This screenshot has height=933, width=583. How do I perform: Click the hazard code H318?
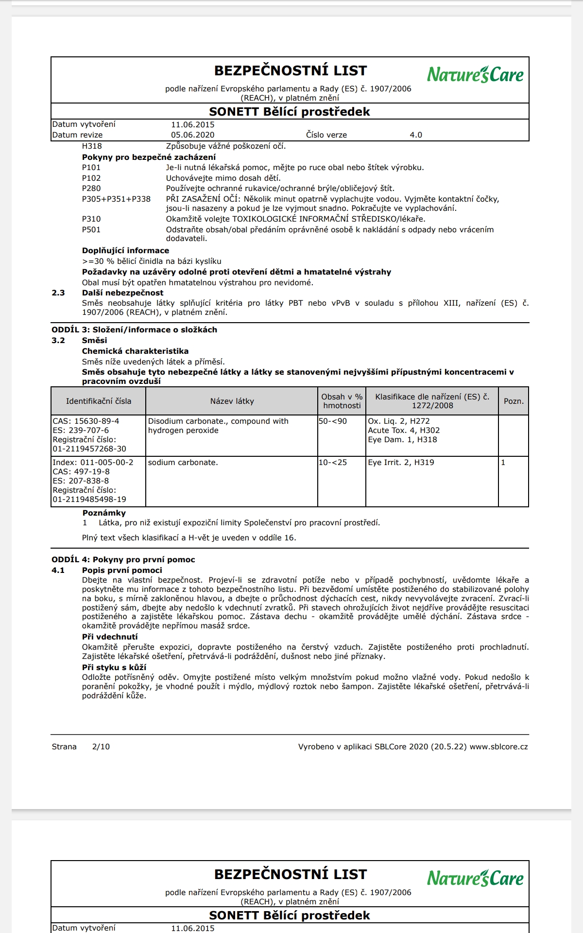[x=92, y=146]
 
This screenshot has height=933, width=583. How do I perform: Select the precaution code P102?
[x=91, y=178]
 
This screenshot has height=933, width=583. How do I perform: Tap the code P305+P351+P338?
[x=116, y=199]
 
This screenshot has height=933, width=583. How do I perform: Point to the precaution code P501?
[x=91, y=230]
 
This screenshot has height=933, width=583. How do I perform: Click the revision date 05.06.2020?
[x=192, y=135]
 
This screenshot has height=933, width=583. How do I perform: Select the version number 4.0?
[x=416, y=135]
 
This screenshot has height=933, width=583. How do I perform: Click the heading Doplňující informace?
[x=125, y=251]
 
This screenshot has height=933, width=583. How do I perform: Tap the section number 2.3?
[x=58, y=293]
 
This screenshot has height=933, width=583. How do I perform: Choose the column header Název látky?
[x=232, y=401]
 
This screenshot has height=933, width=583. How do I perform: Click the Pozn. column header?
[x=514, y=401]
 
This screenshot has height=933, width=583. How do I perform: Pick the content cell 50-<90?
[x=333, y=421]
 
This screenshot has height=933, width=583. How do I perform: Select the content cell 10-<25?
[x=333, y=463]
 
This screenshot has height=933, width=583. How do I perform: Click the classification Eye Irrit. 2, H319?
[x=401, y=463]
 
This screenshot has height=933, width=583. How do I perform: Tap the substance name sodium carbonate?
[x=183, y=463]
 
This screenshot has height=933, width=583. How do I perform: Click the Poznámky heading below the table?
[x=104, y=513]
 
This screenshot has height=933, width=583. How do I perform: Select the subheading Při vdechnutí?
[x=110, y=637]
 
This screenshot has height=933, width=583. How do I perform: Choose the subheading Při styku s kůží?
[x=114, y=668]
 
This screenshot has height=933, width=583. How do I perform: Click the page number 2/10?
[x=101, y=747]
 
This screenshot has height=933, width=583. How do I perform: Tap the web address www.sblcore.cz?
[x=498, y=747]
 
